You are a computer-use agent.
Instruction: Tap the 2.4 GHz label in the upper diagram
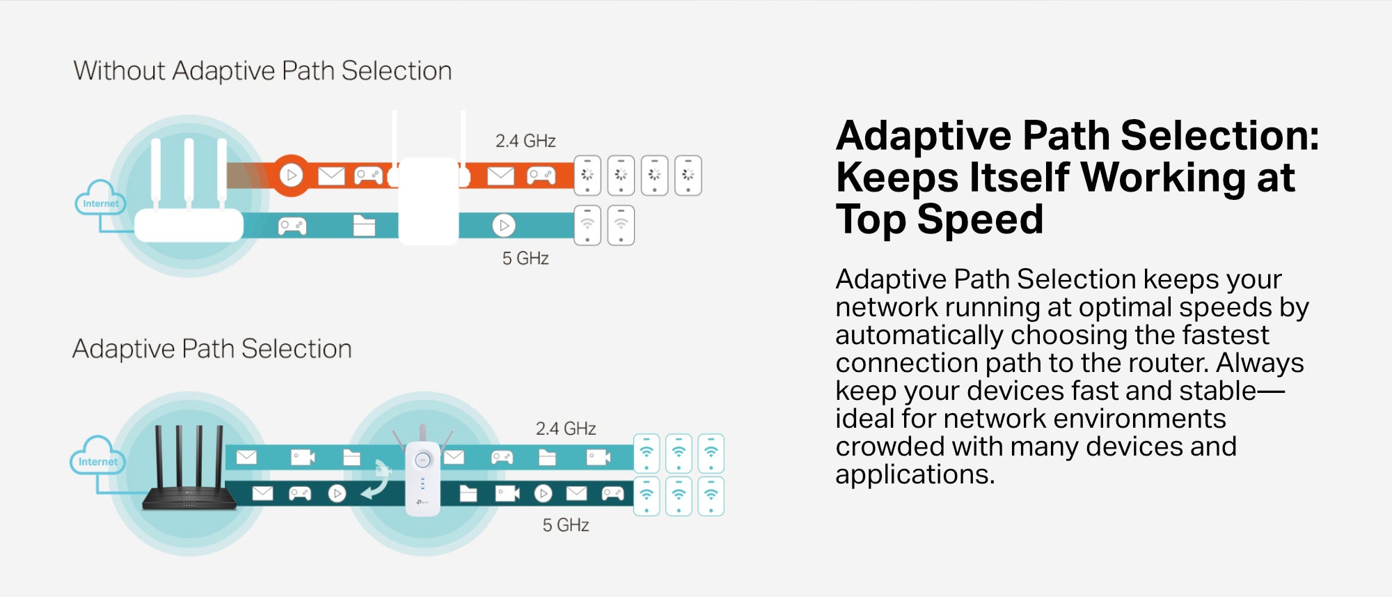click(525, 141)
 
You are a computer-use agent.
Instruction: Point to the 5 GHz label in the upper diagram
click(525, 258)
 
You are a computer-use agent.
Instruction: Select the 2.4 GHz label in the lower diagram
click(566, 428)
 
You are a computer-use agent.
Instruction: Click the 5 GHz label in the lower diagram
click(566, 525)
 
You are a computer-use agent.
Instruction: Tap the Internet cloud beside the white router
click(101, 198)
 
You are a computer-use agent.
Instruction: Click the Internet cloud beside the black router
click(97, 456)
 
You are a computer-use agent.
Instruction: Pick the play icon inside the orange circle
click(292, 175)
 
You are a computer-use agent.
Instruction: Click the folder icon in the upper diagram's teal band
click(364, 226)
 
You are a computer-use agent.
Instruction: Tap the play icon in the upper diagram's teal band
click(503, 226)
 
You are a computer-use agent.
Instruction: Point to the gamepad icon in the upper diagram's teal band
click(292, 226)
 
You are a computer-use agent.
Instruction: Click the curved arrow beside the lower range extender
click(378, 479)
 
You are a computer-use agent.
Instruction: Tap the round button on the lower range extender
click(422, 460)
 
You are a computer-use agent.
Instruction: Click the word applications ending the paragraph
click(915, 475)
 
